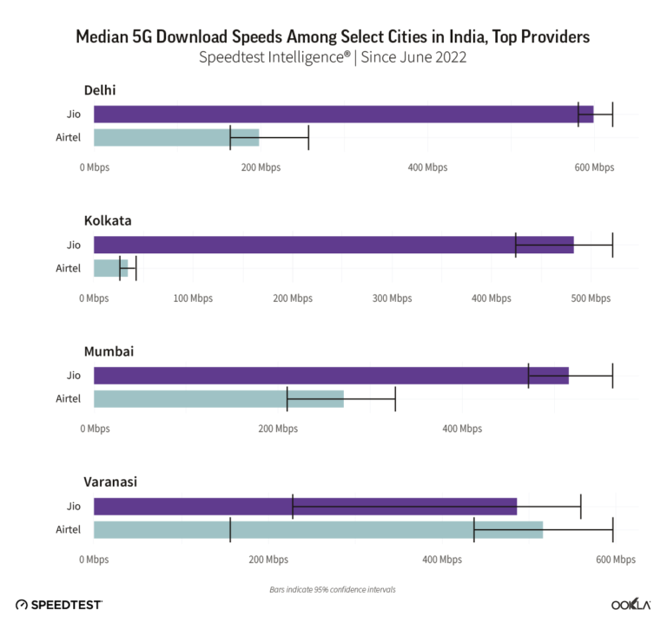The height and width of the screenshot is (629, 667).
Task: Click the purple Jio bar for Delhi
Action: click(x=343, y=115)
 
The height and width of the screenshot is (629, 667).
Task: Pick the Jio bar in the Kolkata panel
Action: click(x=333, y=245)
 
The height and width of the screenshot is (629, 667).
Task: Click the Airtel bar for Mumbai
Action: click(x=218, y=399)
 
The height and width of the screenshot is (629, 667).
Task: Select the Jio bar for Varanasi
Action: click(x=305, y=507)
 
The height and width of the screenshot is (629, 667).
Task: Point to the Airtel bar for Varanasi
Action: click(x=318, y=529)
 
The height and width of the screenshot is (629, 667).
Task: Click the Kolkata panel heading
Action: click(x=108, y=220)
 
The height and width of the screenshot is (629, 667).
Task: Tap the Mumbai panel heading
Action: click(x=109, y=351)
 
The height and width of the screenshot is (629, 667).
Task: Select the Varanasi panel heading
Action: click(x=110, y=482)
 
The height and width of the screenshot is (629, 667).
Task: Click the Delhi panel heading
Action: click(x=100, y=90)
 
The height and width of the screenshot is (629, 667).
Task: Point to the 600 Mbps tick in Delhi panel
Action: click(x=596, y=167)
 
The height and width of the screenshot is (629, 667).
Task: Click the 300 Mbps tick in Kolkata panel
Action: click(x=393, y=298)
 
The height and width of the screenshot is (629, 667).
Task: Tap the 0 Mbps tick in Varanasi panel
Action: click(x=94, y=560)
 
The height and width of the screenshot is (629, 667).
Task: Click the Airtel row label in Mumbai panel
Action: click(x=68, y=399)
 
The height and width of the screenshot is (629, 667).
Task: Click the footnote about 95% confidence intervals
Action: click(x=333, y=589)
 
